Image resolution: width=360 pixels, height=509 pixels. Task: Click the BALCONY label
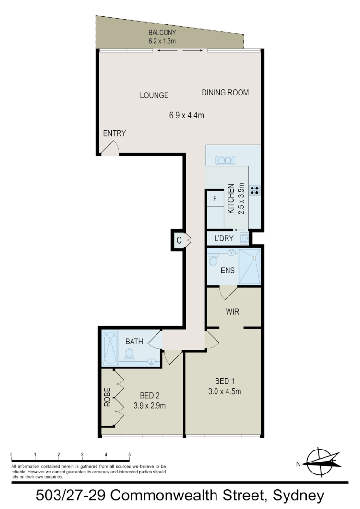[162, 33]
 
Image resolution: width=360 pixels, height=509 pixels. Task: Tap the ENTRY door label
[114, 133]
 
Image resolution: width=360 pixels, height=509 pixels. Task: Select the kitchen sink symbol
[224, 160]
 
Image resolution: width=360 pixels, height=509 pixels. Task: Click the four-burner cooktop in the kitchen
[255, 190]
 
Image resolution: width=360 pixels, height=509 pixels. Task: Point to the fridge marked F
[215, 198]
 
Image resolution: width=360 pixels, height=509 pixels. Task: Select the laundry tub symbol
[245, 237]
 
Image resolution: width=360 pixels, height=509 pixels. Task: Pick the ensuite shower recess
[249, 266]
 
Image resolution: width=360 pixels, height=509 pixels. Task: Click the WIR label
[232, 312]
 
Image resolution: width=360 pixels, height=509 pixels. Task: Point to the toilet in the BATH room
[129, 355]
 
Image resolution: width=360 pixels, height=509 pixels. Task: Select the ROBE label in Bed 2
[107, 397]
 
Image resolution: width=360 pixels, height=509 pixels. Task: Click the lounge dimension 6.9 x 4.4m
[187, 115]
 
